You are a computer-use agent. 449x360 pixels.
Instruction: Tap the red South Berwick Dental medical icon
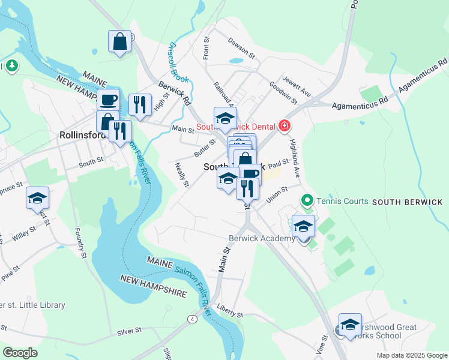pyautogui.click(x=284, y=126)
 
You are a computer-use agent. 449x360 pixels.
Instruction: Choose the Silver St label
pyautogui.click(x=129, y=330)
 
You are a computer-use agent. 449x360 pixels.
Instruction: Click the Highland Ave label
pyautogui.click(x=294, y=154)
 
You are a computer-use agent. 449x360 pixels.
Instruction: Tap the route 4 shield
pyautogui.click(x=192, y=318)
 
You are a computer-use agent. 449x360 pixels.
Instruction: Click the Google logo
pyautogui.click(x=20, y=353)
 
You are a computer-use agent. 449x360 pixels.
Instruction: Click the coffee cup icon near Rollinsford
pyautogui.click(x=108, y=99)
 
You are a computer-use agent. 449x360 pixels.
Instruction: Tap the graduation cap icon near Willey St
pyautogui.click(x=37, y=198)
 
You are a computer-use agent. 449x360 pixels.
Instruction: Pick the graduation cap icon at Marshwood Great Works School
pyautogui.click(x=350, y=325)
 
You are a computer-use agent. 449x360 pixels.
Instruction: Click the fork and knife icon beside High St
pyautogui.click(x=140, y=104)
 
